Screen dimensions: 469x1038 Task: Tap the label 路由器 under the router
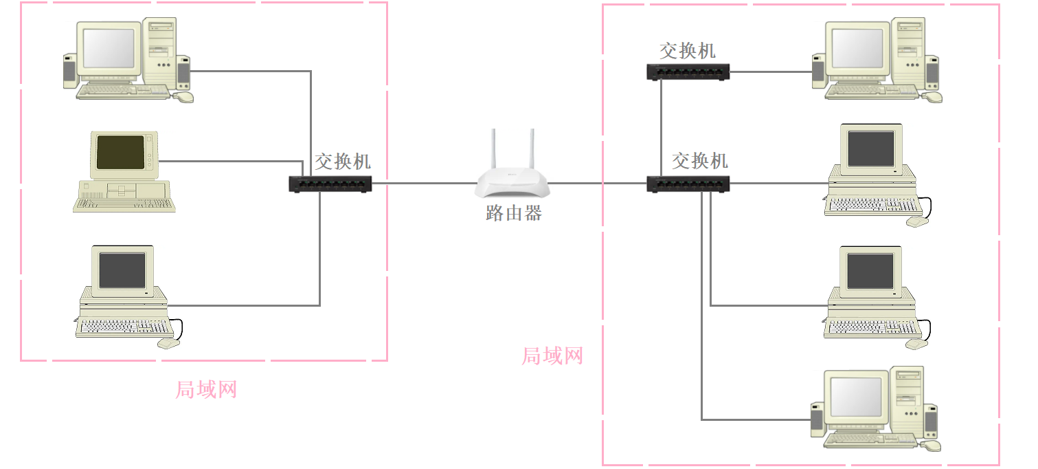click(514, 213)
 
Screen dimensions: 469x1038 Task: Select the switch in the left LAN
click(330, 184)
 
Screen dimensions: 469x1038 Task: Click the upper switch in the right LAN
click(688, 72)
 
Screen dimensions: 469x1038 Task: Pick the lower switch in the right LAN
click(688, 184)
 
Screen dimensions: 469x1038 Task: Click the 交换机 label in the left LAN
click(343, 162)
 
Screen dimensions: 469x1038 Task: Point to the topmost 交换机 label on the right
click(687, 51)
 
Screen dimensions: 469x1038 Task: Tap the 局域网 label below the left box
click(206, 390)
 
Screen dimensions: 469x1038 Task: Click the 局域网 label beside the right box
click(552, 356)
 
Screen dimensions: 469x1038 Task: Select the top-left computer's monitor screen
click(109, 48)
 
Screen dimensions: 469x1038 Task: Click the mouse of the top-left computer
click(184, 97)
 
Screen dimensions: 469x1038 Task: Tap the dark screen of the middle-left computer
click(120, 152)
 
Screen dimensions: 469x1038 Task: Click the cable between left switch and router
click(425, 184)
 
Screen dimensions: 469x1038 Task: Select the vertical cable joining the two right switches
click(661, 128)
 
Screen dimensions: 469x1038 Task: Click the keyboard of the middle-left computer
click(124, 204)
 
